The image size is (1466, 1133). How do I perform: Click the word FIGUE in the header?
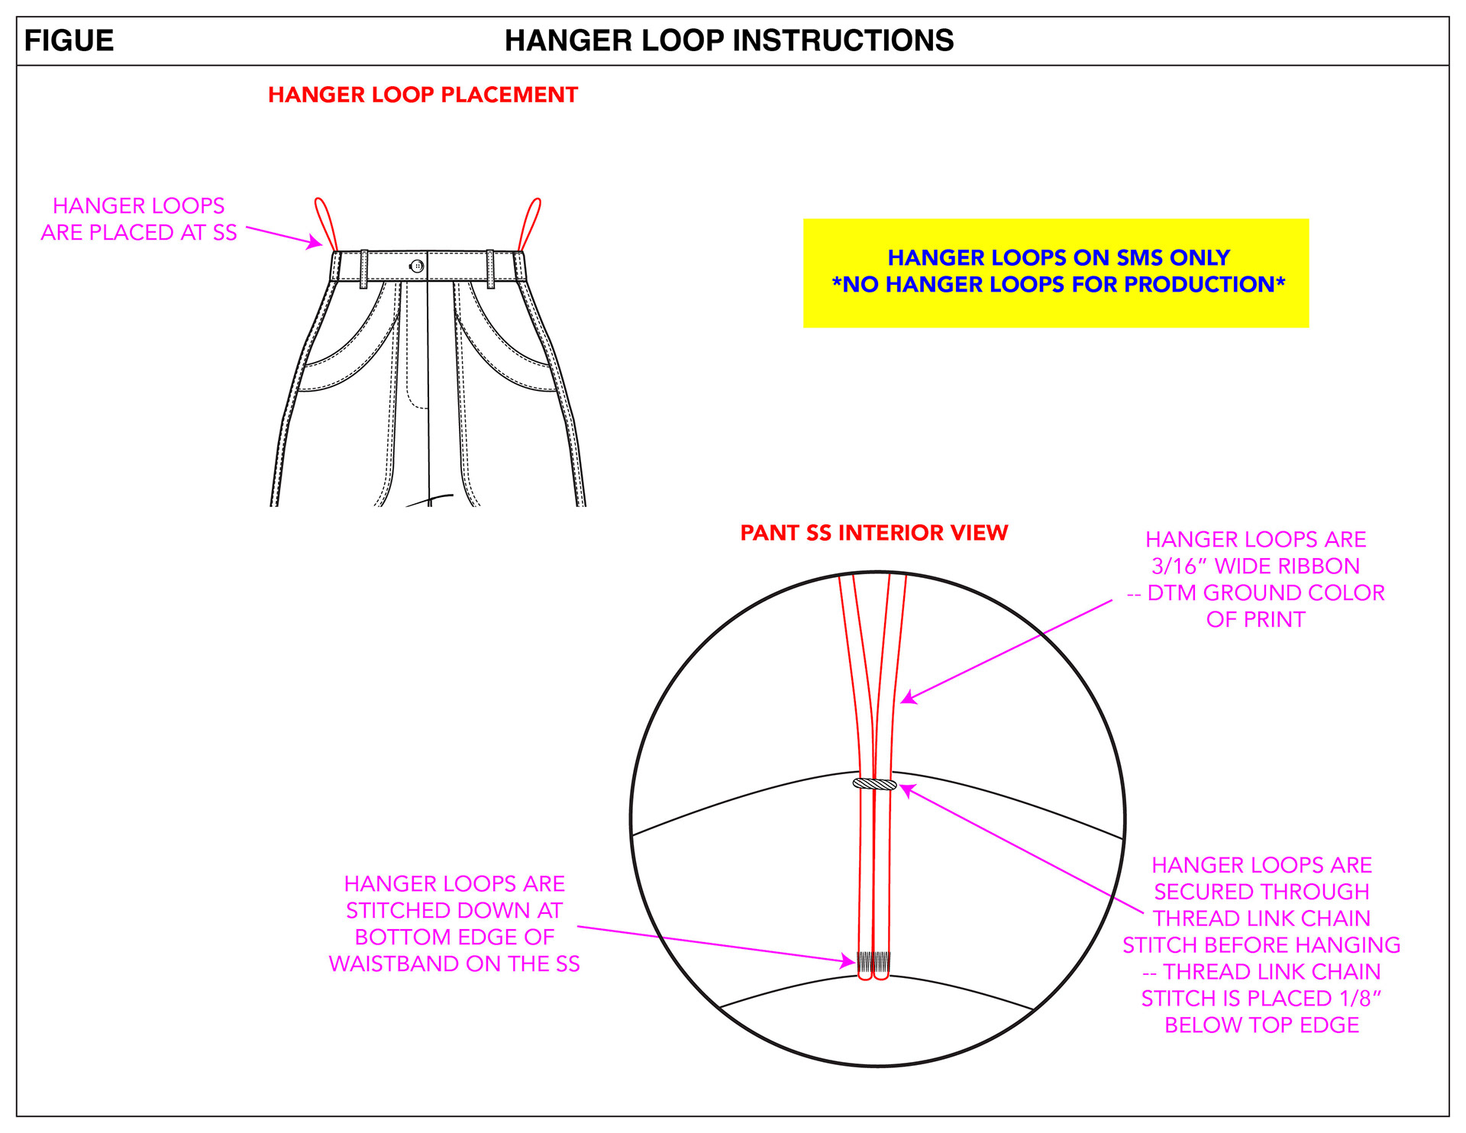(69, 40)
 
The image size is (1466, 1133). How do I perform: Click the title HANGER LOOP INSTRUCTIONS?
(729, 40)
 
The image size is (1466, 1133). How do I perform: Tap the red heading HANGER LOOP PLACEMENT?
(423, 95)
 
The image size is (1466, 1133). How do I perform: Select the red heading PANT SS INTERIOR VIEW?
(874, 533)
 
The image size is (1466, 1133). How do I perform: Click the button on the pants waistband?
(417, 266)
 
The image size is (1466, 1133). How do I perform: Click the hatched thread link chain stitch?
(875, 784)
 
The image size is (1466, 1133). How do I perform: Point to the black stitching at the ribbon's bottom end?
(873, 961)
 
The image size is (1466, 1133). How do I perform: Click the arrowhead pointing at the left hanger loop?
(315, 244)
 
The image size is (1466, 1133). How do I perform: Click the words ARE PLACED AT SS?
(139, 233)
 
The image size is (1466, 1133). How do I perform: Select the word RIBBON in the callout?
(1323, 566)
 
